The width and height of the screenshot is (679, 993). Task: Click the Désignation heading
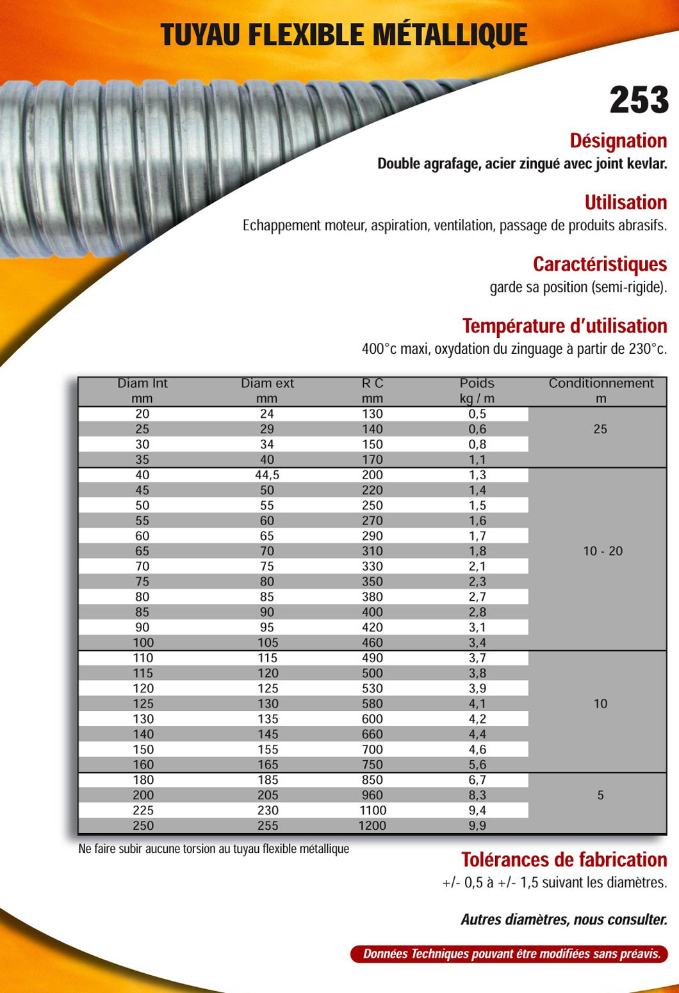(618, 141)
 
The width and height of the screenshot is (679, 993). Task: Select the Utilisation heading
(625, 202)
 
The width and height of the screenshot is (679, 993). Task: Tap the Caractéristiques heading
(600, 264)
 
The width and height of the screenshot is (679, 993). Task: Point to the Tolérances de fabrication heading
(564, 859)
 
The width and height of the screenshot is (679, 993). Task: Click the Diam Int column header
(142, 383)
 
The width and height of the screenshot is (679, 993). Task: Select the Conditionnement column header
(601, 383)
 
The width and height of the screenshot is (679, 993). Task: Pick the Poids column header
(477, 383)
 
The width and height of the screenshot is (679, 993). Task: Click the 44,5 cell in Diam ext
(267, 475)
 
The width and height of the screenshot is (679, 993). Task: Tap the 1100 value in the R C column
(372, 810)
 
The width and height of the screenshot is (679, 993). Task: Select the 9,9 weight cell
(477, 825)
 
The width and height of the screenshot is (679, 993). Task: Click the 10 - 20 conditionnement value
(602, 551)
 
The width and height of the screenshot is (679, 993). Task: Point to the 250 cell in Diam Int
(143, 825)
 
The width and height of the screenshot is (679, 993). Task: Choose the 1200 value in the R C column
(372, 825)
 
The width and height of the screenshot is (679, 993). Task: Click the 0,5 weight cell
(477, 414)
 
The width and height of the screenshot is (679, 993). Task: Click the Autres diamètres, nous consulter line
(564, 919)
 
